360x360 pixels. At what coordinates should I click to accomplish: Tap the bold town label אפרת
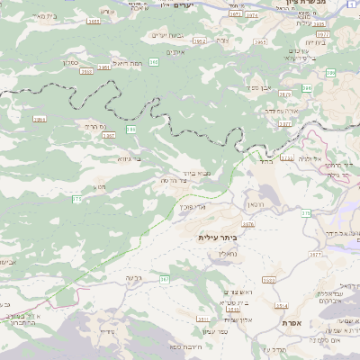click(317, 322)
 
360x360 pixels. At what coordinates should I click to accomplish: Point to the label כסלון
click(74, 63)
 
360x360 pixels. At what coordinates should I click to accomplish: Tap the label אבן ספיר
click(255, 88)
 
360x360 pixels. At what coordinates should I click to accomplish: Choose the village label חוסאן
click(256, 206)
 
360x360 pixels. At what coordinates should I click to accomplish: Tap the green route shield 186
click(131, 130)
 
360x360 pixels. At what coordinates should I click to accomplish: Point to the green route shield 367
click(165, 279)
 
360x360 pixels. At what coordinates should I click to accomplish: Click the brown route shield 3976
click(322, 35)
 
